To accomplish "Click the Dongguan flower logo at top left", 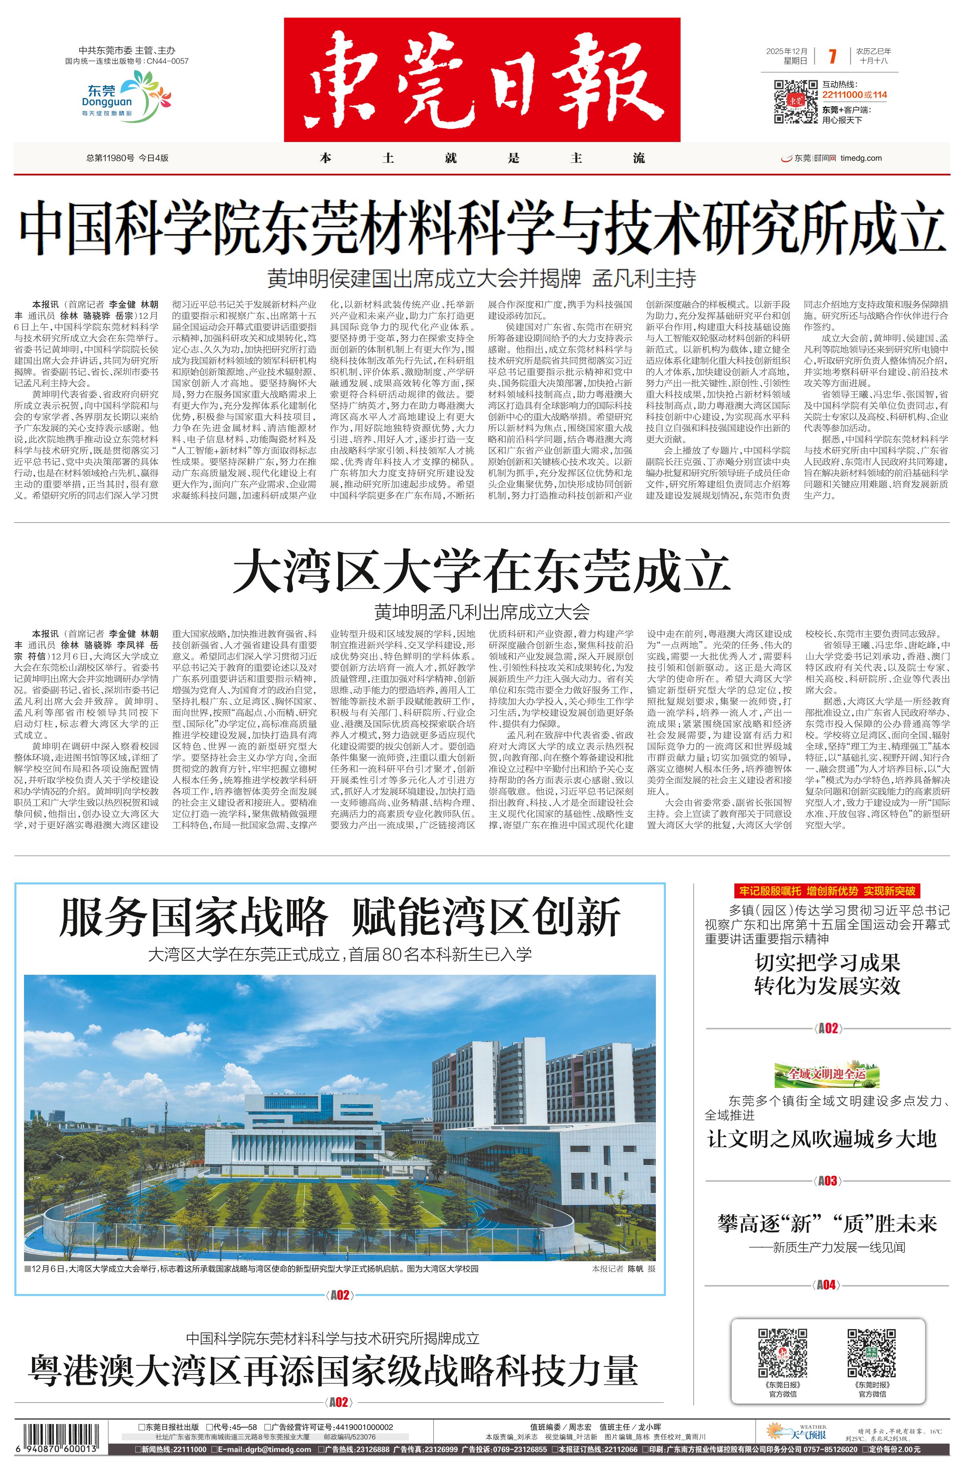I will coord(127,96).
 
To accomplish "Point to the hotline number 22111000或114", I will coord(854,95).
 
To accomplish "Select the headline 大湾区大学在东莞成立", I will coord(481,573).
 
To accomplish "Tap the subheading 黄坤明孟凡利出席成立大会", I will coord(481,612).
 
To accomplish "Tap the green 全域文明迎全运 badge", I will coord(826,1073).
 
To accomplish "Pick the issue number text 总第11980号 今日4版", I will coord(128,158).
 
